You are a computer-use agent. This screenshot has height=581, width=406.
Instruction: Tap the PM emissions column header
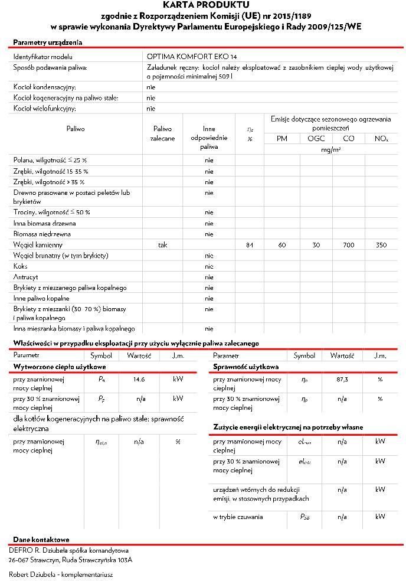(282, 139)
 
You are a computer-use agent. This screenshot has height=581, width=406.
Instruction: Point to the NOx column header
(381, 139)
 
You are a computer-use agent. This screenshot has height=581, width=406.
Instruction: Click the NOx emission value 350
(381, 244)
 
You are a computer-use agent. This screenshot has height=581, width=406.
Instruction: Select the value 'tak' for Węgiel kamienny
(163, 244)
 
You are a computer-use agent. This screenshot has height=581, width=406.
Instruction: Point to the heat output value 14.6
(139, 380)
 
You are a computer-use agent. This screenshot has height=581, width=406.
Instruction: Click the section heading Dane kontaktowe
(41, 540)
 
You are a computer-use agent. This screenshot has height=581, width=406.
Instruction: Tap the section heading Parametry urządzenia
(48, 43)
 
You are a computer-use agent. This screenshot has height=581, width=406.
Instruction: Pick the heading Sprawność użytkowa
(246, 367)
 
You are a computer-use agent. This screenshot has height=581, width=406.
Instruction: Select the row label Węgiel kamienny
(38, 244)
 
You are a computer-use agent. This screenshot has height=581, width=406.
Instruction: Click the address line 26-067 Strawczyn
(71, 560)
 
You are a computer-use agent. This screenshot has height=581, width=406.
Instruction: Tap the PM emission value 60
(282, 244)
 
